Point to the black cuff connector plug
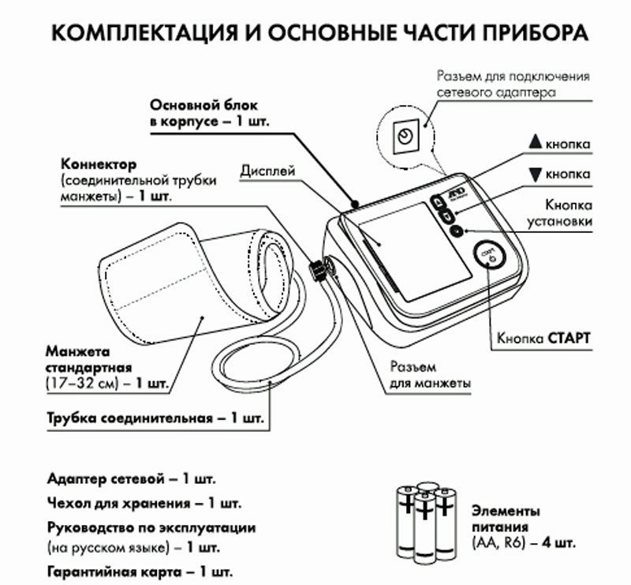(x=316, y=270)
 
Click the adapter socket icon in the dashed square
(x=405, y=135)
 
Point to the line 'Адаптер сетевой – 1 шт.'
(x=131, y=479)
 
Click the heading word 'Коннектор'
(x=99, y=164)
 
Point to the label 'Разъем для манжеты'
(x=431, y=375)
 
